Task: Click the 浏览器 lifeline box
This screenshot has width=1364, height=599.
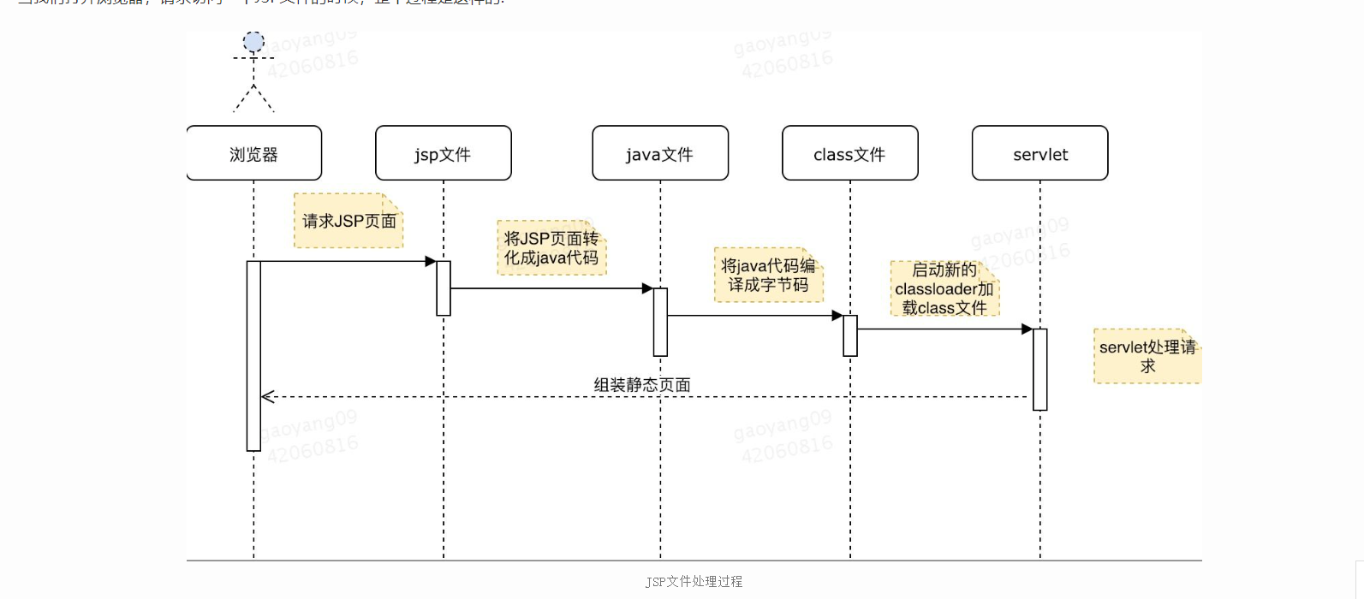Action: [x=254, y=154]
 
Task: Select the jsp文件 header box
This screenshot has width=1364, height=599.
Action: [x=444, y=154]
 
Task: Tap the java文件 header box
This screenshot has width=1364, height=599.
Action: [x=660, y=154]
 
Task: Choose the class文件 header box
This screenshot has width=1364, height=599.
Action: [x=850, y=154]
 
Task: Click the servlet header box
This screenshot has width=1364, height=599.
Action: [x=1040, y=154]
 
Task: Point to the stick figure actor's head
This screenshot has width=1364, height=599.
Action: [x=253, y=42]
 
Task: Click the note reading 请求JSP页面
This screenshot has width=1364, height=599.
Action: [x=348, y=221]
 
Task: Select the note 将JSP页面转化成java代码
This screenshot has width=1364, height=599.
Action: [x=551, y=248]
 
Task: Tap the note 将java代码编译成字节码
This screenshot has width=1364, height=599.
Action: [x=768, y=276]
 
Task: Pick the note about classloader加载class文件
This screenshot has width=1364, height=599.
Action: [x=944, y=289]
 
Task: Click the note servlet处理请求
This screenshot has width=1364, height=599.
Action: [x=1147, y=356]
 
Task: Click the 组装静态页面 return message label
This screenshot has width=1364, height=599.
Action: [x=642, y=385]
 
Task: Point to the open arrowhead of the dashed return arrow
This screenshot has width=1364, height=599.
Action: [x=267, y=397]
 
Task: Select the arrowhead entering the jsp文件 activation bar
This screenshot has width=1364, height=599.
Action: [x=431, y=262]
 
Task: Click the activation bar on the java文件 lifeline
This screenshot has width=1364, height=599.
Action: [x=660, y=322]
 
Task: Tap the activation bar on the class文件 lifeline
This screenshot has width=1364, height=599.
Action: [x=850, y=335]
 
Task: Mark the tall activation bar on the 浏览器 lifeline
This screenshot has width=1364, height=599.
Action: [x=253, y=355]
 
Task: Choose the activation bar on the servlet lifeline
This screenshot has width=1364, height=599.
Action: [x=1040, y=369]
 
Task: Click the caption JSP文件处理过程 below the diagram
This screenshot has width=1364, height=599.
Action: [x=694, y=582]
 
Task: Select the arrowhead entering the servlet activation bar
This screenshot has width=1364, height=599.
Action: [x=1027, y=329]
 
